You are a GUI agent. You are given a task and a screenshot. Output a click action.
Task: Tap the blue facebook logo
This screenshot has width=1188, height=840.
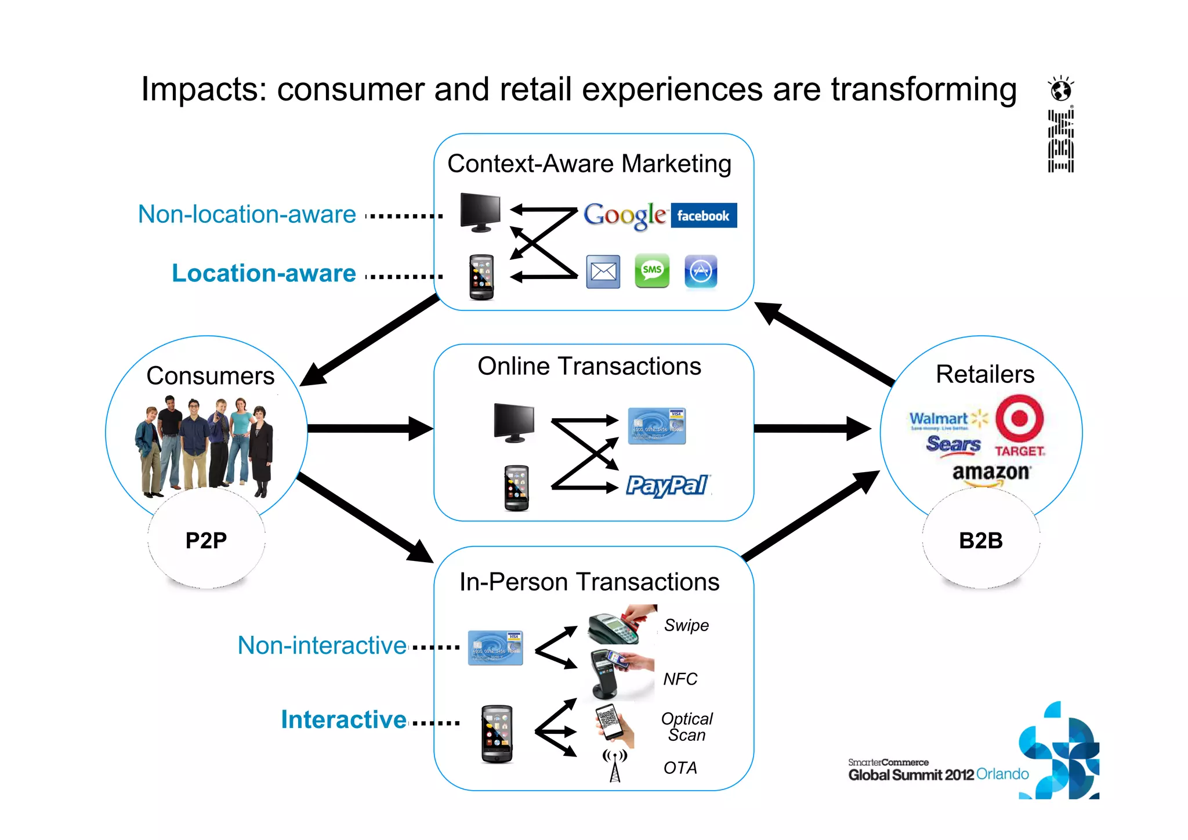(704, 216)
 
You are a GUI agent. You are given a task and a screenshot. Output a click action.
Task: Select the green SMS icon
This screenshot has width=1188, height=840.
(652, 270)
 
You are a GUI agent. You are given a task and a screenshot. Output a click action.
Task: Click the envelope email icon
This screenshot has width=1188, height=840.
(603, 271)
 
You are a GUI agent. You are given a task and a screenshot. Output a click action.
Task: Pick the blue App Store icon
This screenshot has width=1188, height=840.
(701, 271)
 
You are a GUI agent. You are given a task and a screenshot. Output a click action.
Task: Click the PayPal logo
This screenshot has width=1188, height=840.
(667, 485)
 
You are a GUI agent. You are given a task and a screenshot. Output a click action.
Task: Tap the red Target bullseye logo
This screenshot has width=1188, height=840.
(1019, 418)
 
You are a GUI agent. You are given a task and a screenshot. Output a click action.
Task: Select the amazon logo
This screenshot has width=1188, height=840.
(991, 473)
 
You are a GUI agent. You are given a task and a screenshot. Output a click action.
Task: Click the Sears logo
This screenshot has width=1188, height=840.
(953, 444)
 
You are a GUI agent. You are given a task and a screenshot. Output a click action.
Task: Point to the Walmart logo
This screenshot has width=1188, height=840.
(947, 419)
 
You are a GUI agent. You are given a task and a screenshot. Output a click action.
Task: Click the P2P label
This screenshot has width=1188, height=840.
(206, 541)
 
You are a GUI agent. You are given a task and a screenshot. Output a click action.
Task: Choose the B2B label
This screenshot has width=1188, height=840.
(981, 541)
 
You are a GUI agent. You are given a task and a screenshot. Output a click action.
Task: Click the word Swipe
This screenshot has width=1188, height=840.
(686, 625)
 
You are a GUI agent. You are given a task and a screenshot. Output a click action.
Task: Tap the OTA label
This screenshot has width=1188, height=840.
(680, 768)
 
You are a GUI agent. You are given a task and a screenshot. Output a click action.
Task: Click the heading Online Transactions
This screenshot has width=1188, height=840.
(589, 367)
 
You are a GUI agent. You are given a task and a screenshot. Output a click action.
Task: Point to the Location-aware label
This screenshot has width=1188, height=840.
(264, 273)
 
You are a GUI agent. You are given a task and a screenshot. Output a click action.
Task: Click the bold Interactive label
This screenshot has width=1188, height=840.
(343, 720)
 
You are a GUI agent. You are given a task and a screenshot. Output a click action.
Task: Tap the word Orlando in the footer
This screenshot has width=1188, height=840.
(1002, 774)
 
